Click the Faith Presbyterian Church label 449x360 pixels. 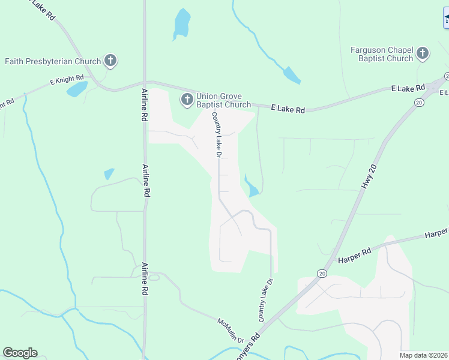pyautogui.click(x=53, y=61)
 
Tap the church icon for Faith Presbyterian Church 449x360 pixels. pyautogui.click(x=110, y=60)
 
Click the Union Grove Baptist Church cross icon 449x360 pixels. pyautogui.click(x=187, y=99)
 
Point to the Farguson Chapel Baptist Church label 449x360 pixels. pyautogui.click(x=382, y=54)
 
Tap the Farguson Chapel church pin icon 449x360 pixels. pyautogui.click(x=423, y=53)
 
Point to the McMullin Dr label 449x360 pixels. pyautogui.click(x=231, y=330)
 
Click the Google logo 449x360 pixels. pyautogui.click(x=20, y=353)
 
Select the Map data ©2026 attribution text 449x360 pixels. pyautogui.click(x=423, y=355)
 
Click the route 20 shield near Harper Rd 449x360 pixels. pyautogui.click(x=322, y=274)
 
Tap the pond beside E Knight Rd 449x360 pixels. pyautogui.click(x=76, y=89)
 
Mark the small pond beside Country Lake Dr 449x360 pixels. pyautogui.click(x=251, y=187)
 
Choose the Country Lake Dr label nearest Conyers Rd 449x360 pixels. pyautogui.click(x=266, y=300)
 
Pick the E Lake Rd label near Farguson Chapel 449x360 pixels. pyautogui.click(x=408, y=88)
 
